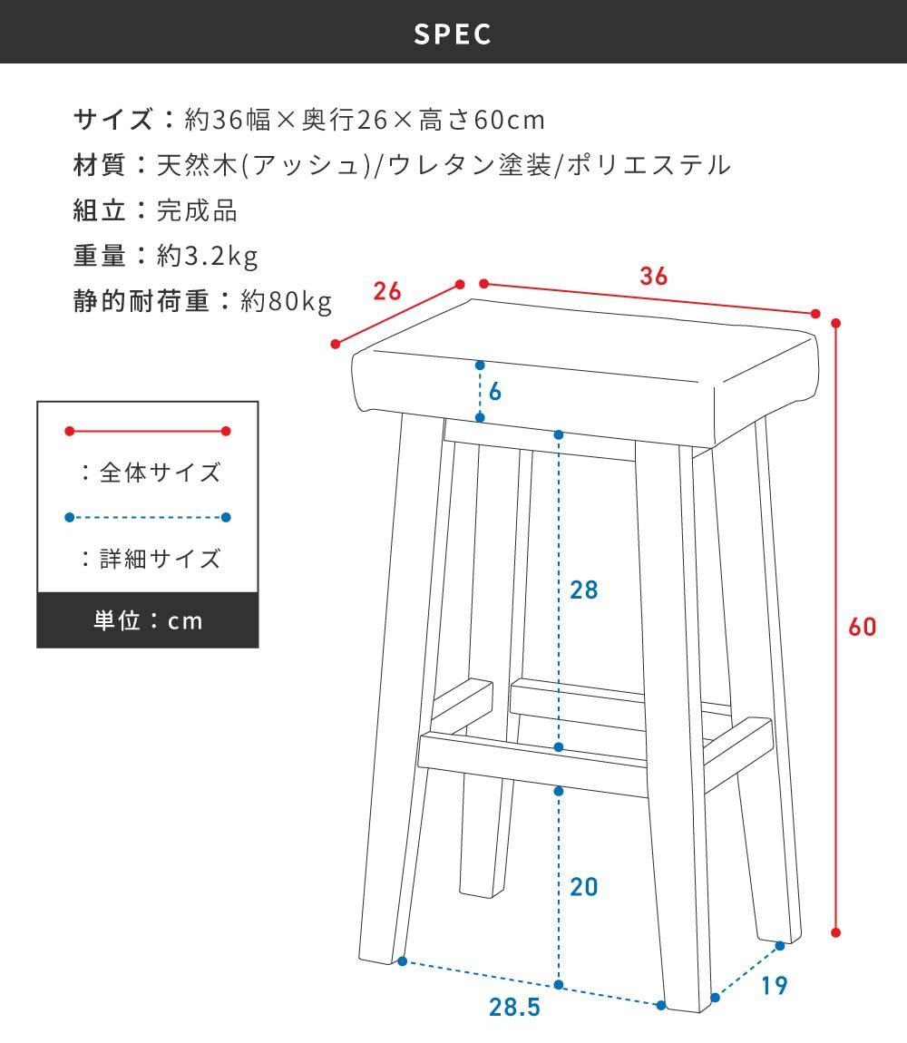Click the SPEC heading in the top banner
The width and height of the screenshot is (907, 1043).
click(453, 34)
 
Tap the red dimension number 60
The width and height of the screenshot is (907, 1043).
click(863, 627)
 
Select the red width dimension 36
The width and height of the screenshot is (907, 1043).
click(653, 277)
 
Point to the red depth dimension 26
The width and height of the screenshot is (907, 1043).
click(387, 291)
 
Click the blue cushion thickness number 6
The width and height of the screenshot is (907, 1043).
click(495, 392)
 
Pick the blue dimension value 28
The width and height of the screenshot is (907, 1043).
click(584, 590)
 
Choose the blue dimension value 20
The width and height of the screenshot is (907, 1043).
click(584, 886)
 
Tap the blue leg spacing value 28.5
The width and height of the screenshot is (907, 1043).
click(514, 1007)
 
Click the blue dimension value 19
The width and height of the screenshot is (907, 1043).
click(774, 985)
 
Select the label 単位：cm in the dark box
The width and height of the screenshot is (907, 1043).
click(148, 621)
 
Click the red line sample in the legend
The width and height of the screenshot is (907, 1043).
click(148, 432)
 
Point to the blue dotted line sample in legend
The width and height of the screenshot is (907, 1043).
click(148, 518)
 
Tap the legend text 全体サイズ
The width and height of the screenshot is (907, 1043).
click(160, 473)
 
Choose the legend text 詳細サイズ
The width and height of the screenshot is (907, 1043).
click(160, 558)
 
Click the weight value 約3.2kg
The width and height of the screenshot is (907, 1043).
click(208, 257)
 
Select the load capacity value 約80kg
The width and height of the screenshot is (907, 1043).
click(287, 301)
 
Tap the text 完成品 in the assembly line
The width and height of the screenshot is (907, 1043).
click(197, 210)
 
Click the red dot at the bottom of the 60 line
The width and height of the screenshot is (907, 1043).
click(836, 931)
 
